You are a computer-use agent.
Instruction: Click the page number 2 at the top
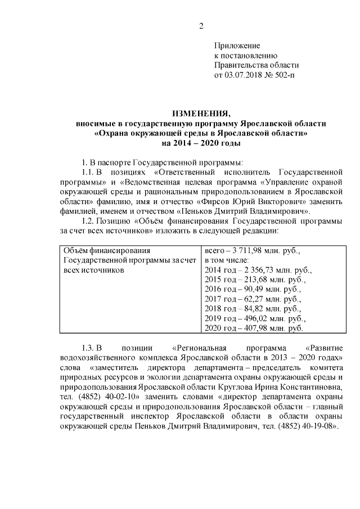201,25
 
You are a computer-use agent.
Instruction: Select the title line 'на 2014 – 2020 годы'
201,143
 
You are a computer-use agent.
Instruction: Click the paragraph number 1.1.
89,172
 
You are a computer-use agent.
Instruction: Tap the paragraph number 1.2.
91,220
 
